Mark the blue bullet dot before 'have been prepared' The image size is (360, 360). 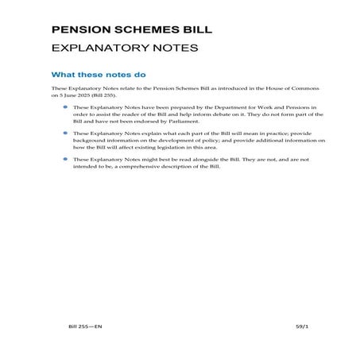pos(65,106)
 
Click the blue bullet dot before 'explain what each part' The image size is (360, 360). pos(65,133)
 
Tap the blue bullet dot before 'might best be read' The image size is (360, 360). pos(65,159)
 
